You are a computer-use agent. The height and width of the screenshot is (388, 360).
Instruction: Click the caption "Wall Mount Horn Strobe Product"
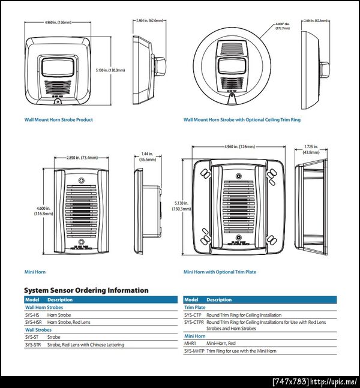click(x=58, y=120)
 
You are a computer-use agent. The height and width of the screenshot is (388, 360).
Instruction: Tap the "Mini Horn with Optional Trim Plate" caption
click(x=220, y=272)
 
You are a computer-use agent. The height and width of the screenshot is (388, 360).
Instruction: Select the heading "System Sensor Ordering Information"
click(x=86, y=290)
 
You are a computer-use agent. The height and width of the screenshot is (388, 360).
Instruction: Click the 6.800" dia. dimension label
click(x=282, y=26)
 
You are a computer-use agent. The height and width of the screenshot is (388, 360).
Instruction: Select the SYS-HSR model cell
click(x=33, y=322)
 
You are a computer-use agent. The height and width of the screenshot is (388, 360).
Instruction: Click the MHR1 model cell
click(x=190, y=342)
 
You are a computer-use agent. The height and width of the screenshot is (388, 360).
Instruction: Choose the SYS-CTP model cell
click(x=193, y=314)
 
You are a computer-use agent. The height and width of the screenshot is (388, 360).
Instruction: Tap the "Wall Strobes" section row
click(x=38, y=329)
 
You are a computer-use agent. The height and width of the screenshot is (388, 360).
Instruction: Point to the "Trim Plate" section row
click(x=195, y=307)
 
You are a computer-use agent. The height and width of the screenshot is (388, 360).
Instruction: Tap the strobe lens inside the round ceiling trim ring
click(x=231, y=65)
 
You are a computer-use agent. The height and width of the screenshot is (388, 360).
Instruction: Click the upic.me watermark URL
click(x=336, y=381)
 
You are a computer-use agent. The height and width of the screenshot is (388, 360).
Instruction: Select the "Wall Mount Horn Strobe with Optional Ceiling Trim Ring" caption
click(x=242, y=120)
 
